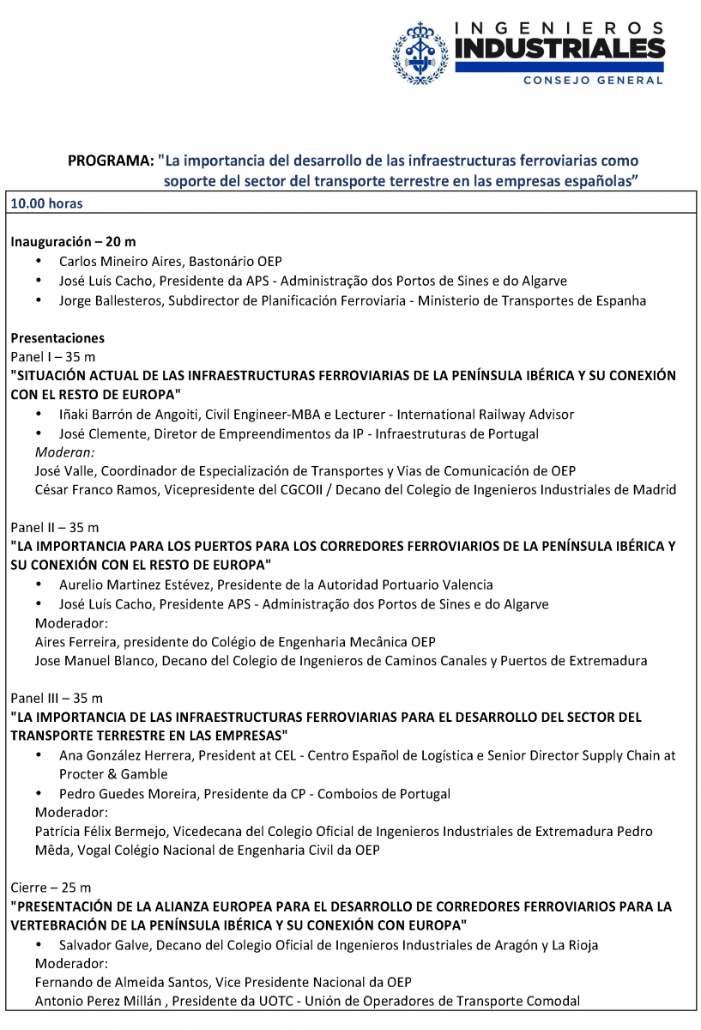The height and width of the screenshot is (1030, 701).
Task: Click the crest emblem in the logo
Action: coord(420,53)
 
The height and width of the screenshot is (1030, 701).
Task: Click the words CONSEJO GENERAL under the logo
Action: coord(593,80)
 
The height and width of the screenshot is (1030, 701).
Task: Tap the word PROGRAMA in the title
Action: coord(110,161)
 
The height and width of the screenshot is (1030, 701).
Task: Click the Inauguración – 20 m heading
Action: coord(73,242)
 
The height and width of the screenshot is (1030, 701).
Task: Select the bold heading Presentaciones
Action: coord(57,337)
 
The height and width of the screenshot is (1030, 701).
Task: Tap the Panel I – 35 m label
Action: coord(53,356)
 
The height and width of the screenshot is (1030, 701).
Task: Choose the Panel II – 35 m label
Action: coord(55,527)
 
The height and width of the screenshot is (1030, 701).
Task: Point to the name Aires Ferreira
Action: coord(71,641)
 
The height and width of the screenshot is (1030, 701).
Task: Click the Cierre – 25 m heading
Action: coord(51,887)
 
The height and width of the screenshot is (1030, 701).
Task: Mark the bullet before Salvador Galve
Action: coord(39,944)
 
